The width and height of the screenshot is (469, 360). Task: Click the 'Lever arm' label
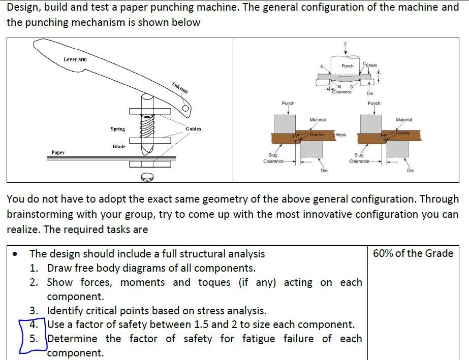tap(75, 59)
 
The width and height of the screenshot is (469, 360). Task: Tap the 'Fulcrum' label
tap(179, 87)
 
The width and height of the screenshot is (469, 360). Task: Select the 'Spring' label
tap(118, 129)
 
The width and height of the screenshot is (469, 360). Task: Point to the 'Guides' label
tap(193, 129)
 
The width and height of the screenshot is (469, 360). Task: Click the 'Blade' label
tap(119, 146)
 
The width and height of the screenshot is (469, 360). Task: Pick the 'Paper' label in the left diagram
tap(58, 152)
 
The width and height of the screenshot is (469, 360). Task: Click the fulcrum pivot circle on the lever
tap(186, 108)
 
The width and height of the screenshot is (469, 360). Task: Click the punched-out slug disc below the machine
tap(147, 177)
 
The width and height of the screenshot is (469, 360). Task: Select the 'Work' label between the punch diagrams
tap(341, 135)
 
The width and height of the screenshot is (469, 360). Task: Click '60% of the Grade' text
tap(413, 253)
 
